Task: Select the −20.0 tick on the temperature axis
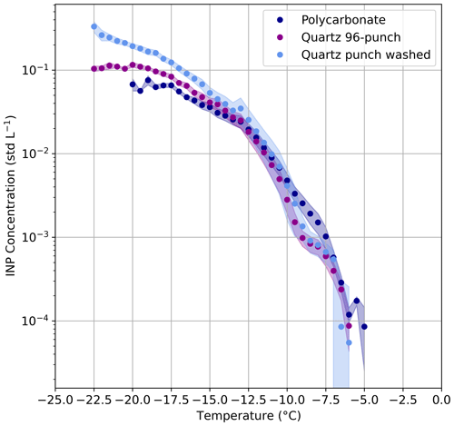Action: (133, 398)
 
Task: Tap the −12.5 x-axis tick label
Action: (248, 398)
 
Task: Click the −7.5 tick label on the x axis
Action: (325, 398)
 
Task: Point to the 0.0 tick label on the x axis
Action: (440, 398)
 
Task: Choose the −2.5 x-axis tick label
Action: (401, 398)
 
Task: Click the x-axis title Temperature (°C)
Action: (248, 416)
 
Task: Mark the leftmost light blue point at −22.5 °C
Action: (94, 26)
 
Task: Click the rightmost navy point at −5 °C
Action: (364, 326)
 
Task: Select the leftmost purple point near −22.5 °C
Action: (94, 69)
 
